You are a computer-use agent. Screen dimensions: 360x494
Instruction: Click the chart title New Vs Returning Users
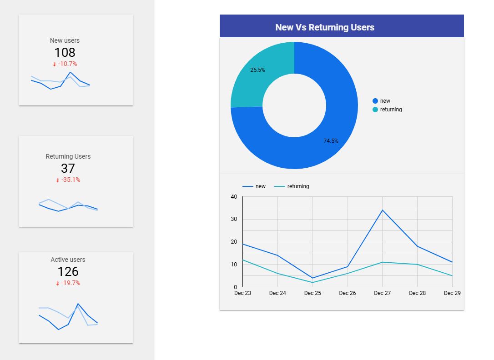(325, 27)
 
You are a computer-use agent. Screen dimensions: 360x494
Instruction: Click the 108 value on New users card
(65, 52)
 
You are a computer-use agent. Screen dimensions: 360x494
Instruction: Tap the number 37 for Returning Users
(68, 168)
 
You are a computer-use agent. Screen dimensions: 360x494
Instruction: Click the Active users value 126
(68, 271)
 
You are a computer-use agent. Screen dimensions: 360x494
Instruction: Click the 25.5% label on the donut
(257, 70)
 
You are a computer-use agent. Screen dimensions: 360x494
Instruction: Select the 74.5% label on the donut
(331, 141)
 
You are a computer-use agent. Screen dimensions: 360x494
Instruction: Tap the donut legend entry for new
(385, 101)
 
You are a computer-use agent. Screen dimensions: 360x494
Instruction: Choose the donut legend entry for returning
(391, 110)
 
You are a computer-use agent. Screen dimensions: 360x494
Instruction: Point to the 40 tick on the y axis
(234, 197)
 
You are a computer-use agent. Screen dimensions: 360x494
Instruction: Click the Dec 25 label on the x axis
(313, 293)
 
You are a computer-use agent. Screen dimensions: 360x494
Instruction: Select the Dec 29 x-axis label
(452, 293)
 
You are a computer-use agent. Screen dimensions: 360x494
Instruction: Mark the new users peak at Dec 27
(383, 210)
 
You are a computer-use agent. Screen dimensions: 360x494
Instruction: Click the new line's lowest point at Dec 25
(313, 278)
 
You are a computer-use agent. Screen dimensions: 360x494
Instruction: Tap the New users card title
(65, 40)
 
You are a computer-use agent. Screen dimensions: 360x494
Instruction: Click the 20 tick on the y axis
(234, 242)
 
